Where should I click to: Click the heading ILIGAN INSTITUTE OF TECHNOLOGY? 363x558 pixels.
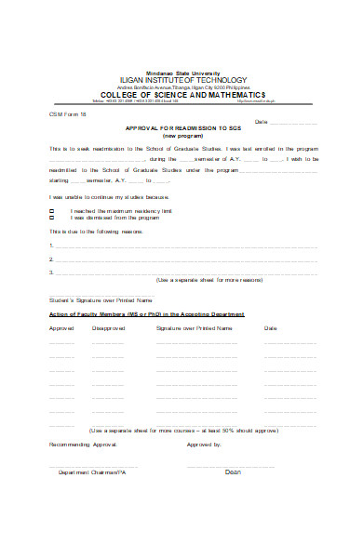[x=182, y=80]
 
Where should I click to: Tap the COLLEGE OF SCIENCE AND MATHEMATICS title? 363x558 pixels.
[x=182, y=95]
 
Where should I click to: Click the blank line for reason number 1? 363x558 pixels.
[x=186, y=247]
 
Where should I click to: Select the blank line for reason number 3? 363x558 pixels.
[x=186, y=273]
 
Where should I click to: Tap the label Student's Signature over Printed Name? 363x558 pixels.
[x=99, y=300]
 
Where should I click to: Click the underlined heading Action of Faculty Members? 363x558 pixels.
[x=146, y=314]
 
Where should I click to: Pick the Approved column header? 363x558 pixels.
[x=60, y=328]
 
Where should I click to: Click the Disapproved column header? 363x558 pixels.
[x=108, y=328]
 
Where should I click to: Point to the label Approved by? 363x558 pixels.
[x=204, y=445]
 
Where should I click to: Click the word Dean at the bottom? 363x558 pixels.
[x=233, y=472]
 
